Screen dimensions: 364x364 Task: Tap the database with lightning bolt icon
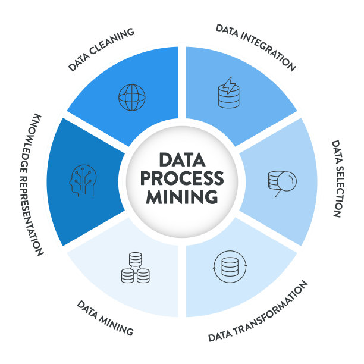click(x=228, y=95)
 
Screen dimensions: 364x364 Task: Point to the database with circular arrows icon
click(x=228, y=269)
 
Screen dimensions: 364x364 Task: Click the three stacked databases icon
click(x=135, y=268)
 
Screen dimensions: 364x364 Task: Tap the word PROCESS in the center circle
click(x=183, y=178)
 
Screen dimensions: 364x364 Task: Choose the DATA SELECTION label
click(x=335, y=178)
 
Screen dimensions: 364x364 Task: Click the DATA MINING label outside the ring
click(x=105, y=317)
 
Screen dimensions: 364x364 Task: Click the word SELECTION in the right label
click(x=336, y=190)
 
